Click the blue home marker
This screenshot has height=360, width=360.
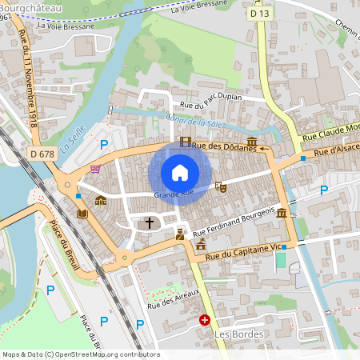click(x=180, y=173)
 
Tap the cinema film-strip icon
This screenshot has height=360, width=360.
click(x=186, y=142)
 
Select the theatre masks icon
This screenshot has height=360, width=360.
click(x=222, y=186)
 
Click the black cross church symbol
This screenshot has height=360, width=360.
click(x=150, y=222)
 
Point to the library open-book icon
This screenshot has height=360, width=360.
click(x=82, y=214)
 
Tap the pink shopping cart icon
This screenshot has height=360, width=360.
click(x=96, y=169)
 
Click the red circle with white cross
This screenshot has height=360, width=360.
click(x=205, y=320)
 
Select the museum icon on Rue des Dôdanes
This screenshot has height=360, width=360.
click(x=251, y=141)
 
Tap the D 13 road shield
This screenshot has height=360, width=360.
click(x=258, y=14)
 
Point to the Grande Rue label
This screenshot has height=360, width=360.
click(x=174, y=193)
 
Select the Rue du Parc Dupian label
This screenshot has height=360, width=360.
click(x=210, y=105)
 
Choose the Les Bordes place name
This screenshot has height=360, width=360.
click(x=234, y=334)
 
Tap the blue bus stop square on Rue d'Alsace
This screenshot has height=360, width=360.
click(x=303, y=158)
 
